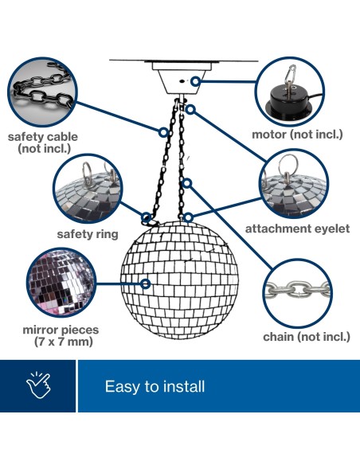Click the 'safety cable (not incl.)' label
tap(43, 143)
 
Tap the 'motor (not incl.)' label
tap(297, 135)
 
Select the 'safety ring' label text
tap(88, 234)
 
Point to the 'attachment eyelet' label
tap(297, 229)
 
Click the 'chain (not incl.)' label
tap(307, 337)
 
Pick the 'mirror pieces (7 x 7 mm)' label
tap(61, 335)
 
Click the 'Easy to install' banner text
tap(155, 386)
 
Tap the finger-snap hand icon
tap(38, 385)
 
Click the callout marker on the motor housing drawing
tap(195, 81)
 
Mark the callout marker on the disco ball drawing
tap(145, 283)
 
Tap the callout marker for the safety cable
tap(163, 132)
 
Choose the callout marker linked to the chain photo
tap(187, 183)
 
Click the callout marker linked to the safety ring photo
tap(146, 218)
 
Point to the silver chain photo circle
tap(297, 293)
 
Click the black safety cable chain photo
tap(42, 92)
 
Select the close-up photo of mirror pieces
tap(61, 283)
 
